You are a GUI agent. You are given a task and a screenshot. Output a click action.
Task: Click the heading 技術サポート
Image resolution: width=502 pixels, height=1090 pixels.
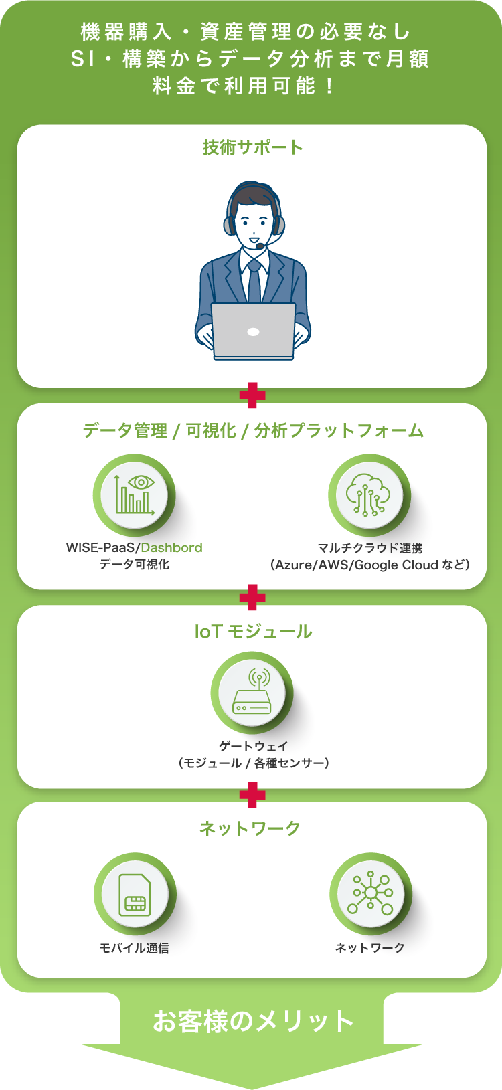[x=252, y=147]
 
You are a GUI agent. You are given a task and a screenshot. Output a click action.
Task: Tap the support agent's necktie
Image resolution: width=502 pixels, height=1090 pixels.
[x=254, y=284]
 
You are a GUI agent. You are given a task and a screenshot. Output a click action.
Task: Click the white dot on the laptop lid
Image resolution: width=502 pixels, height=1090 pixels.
[x=253, y=332]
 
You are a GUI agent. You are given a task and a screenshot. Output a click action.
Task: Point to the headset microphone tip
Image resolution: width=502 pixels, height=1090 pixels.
[x=260, y=246]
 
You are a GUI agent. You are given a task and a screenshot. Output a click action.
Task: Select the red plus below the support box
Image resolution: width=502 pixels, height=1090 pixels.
[x=252, y=395]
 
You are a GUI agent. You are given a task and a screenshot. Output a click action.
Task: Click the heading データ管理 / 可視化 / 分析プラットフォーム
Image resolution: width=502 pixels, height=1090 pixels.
[x=252, y=430]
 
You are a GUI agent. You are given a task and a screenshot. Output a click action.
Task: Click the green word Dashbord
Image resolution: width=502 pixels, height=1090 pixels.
[x=171, y=547]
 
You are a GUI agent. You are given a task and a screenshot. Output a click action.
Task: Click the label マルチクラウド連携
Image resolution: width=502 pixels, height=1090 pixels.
[x=370, y=548]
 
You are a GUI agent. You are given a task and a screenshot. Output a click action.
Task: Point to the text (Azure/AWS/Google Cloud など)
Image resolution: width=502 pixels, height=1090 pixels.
[x=370, y=565]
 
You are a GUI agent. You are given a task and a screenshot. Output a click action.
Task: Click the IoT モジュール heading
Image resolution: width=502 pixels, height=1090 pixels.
[x=252, y=632]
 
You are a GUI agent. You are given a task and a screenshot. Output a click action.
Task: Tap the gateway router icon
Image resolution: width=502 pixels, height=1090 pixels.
[x=252, y=693]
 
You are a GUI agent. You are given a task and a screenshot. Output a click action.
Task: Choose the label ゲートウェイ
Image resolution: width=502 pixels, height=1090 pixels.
[x=253, y=746]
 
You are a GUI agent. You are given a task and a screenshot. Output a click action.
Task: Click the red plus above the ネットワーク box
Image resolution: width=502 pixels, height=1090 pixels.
[x=252, y=795]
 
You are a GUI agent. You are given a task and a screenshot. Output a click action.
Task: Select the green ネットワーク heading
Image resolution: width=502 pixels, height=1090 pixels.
[x=250, y=828]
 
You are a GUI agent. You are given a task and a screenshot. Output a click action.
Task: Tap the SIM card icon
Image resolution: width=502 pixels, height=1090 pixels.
[x=135, y=894]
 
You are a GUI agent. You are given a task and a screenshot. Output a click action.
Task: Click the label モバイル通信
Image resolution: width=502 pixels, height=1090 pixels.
[x=134, y=948]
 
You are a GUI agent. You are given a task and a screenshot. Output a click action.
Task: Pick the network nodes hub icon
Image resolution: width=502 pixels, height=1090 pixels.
[x=370, y=894]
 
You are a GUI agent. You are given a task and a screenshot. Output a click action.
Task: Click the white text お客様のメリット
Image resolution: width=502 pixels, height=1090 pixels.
[x=252, y=1021]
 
